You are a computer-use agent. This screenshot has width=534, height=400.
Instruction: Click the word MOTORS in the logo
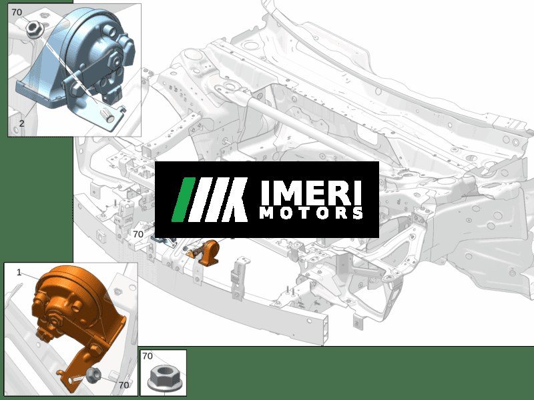click(x=311, y=213)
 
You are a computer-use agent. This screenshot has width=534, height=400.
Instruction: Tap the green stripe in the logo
click(x=183, y=199)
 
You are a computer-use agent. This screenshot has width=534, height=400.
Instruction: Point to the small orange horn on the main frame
click(x=206, y=253)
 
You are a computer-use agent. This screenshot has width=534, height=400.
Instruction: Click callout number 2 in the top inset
click(x=22, y=123)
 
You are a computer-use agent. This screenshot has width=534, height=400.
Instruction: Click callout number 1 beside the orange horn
click(x=19, y=272)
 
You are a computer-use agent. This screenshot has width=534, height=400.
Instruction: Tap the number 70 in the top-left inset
click(x=17, y=12)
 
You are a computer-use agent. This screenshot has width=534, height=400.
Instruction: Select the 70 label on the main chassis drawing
click(x=138, y=234)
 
